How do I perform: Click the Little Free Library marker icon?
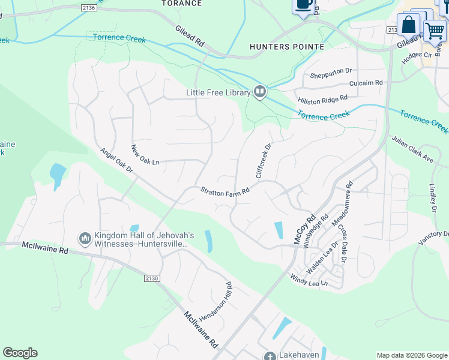[x=260, y=92]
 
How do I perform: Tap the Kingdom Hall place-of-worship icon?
[x=85, y=239]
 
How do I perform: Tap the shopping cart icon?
[x=435, y=30]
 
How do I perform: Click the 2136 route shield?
[x=89, y=8]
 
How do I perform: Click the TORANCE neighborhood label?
[x=182, y=4]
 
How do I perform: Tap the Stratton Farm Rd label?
[x=224, y=191]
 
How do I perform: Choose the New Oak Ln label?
[x=145, y=155]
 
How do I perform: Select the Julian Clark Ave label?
[x=412, y=149]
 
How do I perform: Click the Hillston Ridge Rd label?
[x=322, y=98]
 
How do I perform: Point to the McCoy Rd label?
[x=304, y=230]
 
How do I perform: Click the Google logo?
[x=20, y=353]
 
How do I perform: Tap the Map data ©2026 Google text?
[x=411, y=355]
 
